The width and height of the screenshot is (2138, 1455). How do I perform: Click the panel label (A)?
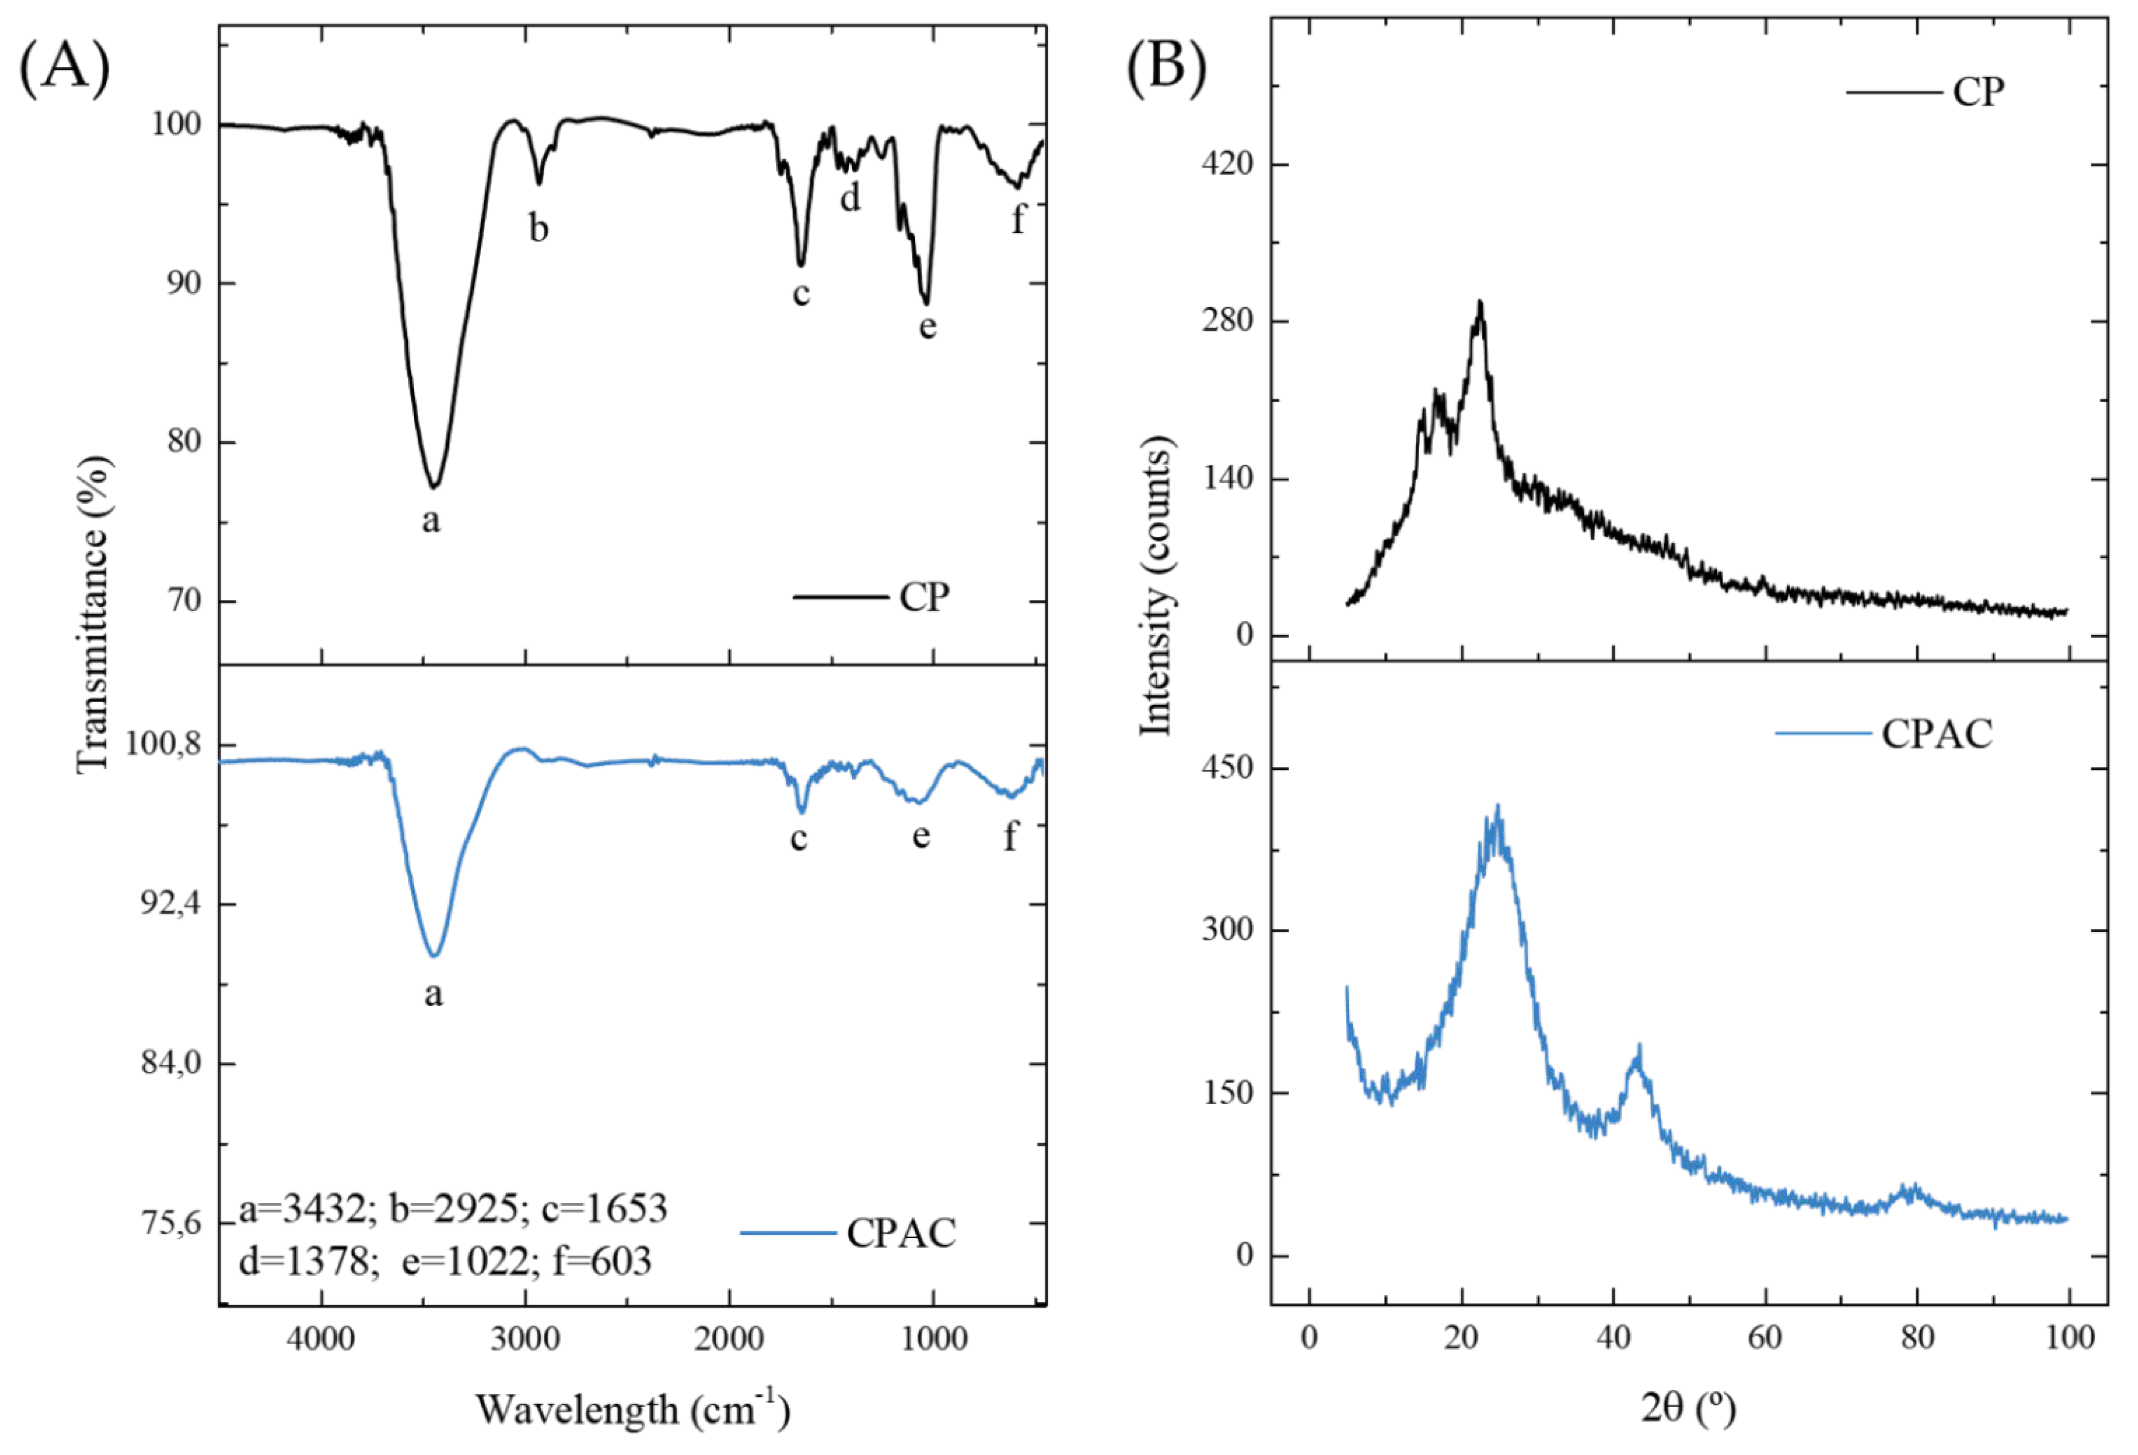pyautogui.click(x=64, y=68)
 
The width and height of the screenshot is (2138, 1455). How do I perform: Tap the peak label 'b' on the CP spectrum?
pyautogui.click(x=538, y=228)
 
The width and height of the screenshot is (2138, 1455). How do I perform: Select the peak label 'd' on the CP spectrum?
pyautogui.click(x=850, y=196)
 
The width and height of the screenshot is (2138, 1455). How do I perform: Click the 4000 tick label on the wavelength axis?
pyautogui.click(x=320, y=1338)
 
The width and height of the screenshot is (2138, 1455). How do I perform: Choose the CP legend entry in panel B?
pyautogui.click(x=1978, y=92)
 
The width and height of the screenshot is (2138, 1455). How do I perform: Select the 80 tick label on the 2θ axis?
pyautogui.click(x=1917, y=1338)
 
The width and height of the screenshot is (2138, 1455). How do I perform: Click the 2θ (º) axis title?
pyautogui.click(x=1688, y=1408)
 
